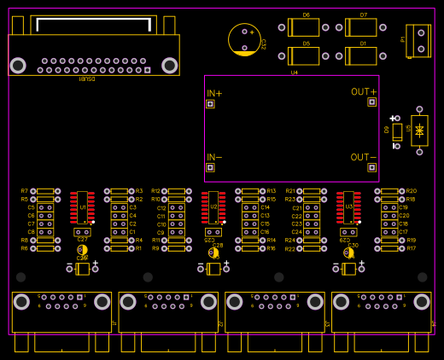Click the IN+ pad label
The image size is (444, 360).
click(x=214, y=93)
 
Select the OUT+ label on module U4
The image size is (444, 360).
click(x=363, y=91)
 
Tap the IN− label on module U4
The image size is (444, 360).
click(x=214, y=157)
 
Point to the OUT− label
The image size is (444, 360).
click(x=363, y=157)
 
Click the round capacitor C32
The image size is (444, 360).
click(x=244, y=39)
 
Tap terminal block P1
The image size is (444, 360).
click(x=418, y=40)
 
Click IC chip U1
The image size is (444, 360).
click(x=82, y=207)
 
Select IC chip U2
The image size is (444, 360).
click(x=213, y=207)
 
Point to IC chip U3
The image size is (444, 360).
click(x=348, y=207)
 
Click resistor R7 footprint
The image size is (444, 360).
click(x=45, y=191)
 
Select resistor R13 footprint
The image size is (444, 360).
click(x=250, y=191)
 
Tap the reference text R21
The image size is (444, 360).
click(x=290, y=191)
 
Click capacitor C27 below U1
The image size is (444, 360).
click(x=82, y=232)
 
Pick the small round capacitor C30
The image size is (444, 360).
click(x=348, y=253)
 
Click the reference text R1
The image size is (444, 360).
click(x=138, y=248)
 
